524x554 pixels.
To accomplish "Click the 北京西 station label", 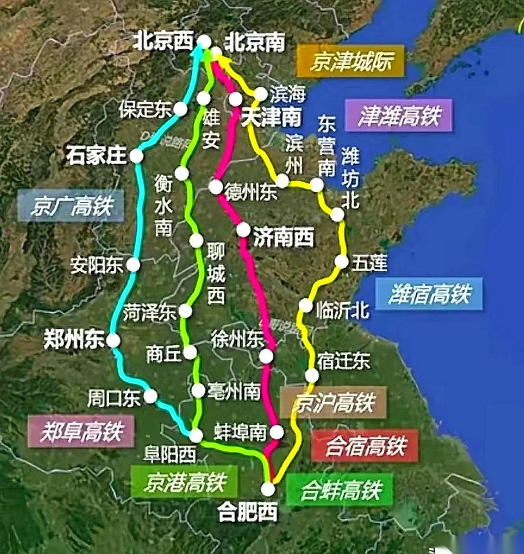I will (164, 41).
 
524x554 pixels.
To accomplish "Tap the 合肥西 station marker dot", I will (268, 489).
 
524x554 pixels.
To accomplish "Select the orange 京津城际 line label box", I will (351, 61).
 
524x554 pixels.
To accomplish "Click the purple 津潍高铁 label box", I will (399, 116).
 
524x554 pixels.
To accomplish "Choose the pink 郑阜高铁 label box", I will (81, 431).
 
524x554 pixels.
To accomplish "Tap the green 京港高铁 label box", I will (184, 481).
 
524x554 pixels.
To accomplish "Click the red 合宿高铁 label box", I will (365, 445).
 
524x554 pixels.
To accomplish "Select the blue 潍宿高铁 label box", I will (429, 294).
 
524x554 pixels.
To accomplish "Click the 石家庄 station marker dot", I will (136, 156).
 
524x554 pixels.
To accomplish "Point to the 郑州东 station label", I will (74, 340).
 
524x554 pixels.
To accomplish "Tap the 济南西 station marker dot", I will (243, 230).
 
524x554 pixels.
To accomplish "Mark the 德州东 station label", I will (251, 192).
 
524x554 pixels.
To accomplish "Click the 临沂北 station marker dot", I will (305, 305).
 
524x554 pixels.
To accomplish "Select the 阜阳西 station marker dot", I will (196, 435).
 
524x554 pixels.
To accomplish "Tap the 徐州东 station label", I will (237, 339).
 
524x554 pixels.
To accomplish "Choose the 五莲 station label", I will (369, 262).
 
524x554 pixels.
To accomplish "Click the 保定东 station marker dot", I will (180, 109).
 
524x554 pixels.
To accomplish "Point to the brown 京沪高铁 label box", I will (333, 402).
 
